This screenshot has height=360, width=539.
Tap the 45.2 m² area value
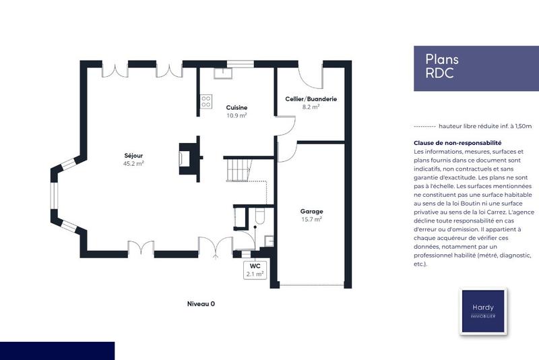(133, 163)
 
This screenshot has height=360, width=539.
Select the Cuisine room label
(236, 108)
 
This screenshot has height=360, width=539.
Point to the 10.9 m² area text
(236, 115)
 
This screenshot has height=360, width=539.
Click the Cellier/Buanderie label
(311, 99)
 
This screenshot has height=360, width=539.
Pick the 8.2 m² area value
(311, 107)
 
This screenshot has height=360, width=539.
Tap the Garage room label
(311, 211)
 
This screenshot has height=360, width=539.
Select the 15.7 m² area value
(311, 219)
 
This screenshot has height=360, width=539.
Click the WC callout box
(255, 270)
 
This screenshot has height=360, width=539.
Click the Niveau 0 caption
(201, 304)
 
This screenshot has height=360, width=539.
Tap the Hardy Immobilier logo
(482, 311)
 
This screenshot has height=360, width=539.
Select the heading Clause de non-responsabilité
(457, 143)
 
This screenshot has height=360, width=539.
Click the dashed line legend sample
(423, 126)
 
